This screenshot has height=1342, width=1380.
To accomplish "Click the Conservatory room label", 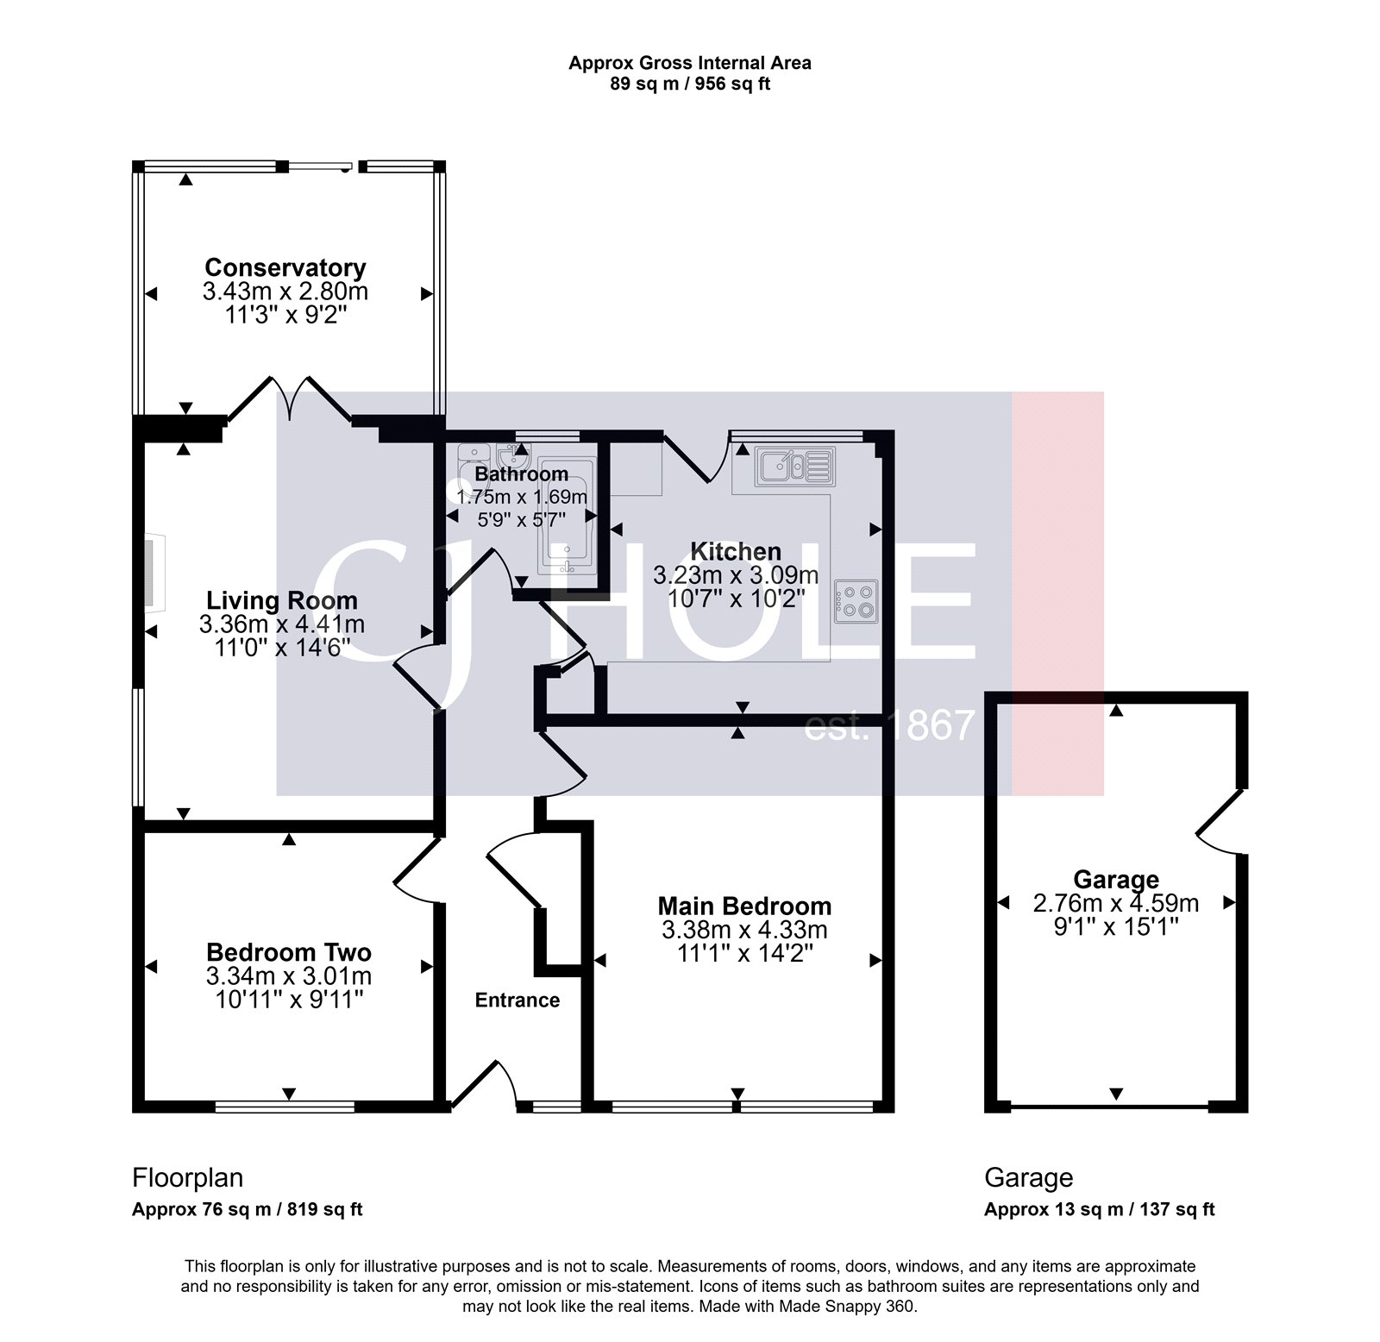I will [285, 267].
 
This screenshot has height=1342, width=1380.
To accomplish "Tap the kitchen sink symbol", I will [794, 466].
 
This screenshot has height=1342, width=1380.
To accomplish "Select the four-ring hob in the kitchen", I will [856, 600].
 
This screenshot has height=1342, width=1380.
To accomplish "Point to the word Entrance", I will [517, 1000].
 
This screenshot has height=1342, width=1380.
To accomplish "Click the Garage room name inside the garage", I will [1116, 880].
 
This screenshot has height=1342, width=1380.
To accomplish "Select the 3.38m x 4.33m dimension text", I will [744, 930].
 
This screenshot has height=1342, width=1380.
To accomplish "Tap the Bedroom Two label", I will [289, 952].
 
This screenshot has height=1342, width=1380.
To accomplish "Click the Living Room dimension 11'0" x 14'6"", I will [282, 647].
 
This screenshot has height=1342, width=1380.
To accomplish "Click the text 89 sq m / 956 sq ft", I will [689, 85].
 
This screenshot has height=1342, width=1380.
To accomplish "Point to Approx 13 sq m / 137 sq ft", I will [1099, 1209].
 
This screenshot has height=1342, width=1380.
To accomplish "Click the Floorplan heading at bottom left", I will [187, 1177].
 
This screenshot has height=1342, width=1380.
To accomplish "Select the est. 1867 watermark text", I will [888, 726].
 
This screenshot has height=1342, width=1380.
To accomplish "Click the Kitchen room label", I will [736, 551].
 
